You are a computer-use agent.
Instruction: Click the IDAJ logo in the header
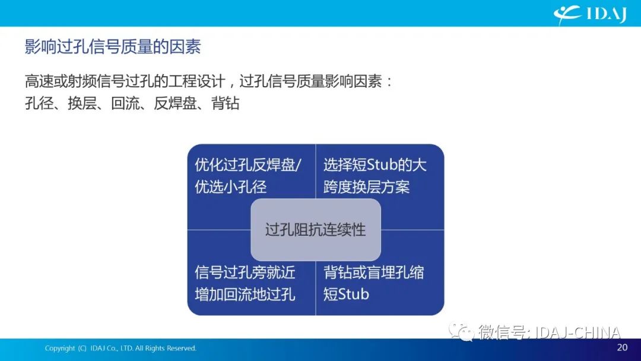pos(590,14)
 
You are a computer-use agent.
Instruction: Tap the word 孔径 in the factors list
pos(39,103)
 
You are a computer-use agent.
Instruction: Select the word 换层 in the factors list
pos(82,103)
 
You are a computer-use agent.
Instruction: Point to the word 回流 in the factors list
pos(125,103)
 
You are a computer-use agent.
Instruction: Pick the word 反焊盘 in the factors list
pos(175,103)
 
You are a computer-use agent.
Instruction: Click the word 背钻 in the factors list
pos(225,103)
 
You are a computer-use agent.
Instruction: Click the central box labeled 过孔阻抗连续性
pos(316,230)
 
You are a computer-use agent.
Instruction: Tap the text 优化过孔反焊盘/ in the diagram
pos(247,165)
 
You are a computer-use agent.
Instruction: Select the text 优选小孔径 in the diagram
pos(230,187)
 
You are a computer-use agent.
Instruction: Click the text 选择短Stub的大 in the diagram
pos(375,165)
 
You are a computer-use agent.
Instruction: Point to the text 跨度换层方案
pos(366,187)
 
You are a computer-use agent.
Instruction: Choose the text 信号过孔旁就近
pos(245,273)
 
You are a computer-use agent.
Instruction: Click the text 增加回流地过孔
pos(245,294)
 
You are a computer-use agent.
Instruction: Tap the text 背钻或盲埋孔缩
pos(374,273)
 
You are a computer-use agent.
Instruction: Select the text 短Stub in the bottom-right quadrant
pos(346,294)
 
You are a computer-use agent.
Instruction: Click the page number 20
pos(622,347)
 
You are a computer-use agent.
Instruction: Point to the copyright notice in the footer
pos(120,349)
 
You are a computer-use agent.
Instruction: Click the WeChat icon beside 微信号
pos(461,331)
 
